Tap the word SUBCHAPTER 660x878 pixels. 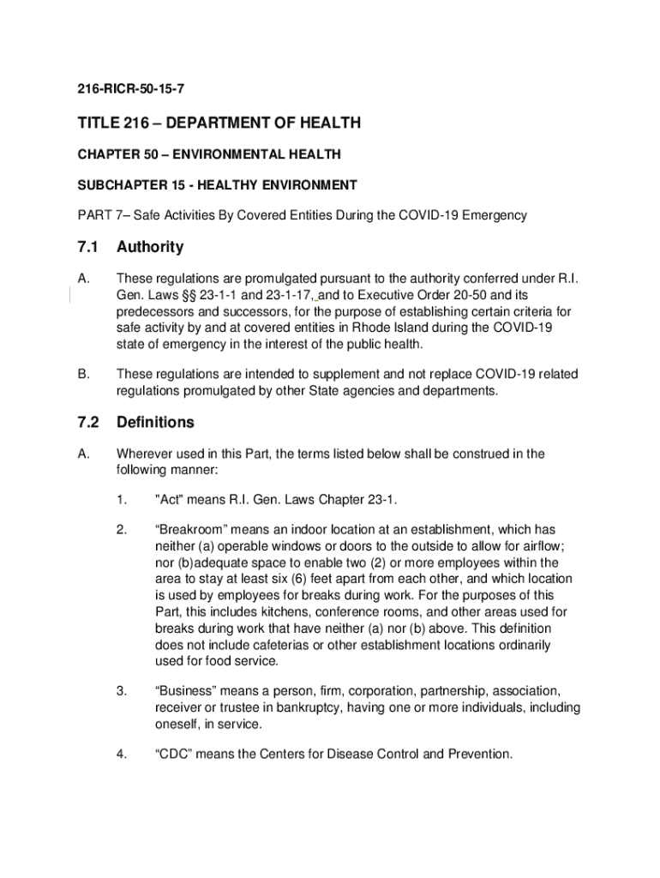click(x=117, y=185)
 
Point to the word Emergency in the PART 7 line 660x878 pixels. click(x=495, y=215)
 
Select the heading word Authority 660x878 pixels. click(x=150, y=248)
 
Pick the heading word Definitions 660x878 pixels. click(x=155, y=423)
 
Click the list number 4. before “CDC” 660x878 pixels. click(x=123, y=755)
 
